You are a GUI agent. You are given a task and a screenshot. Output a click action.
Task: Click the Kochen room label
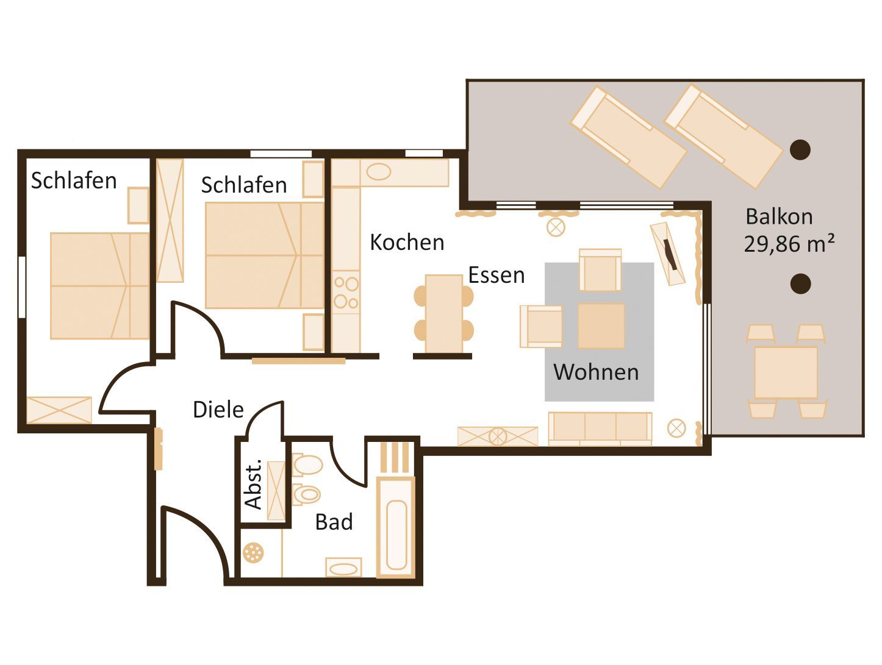(407, 243)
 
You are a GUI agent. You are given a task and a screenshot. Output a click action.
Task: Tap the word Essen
(497, 276)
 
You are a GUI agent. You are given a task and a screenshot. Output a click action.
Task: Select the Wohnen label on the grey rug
(596, 372)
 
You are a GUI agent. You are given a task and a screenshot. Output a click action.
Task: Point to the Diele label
(218, 410)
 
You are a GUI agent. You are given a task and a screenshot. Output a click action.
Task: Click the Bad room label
(334, 522)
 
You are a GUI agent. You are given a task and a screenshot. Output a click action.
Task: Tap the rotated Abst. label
(254, 485)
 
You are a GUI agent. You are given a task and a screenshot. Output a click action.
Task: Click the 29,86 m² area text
(789, 243)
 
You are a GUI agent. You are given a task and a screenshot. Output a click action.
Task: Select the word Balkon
(779, 217)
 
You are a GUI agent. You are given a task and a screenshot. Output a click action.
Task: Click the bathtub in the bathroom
(396, 528)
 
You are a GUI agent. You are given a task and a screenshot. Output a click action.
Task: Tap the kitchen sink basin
(379, 172)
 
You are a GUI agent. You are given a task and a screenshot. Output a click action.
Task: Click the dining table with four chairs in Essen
(443, 313)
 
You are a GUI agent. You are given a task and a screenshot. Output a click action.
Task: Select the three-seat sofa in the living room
(600, 429)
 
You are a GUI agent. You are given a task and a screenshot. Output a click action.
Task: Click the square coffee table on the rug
(601, 325)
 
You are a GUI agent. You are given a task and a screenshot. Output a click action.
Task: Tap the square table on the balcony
(786, 372)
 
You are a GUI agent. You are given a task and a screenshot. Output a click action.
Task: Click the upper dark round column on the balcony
(800, 150)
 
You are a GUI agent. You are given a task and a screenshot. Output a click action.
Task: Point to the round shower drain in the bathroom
(253, 553)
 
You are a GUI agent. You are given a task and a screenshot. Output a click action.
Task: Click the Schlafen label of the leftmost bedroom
(74, 180)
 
